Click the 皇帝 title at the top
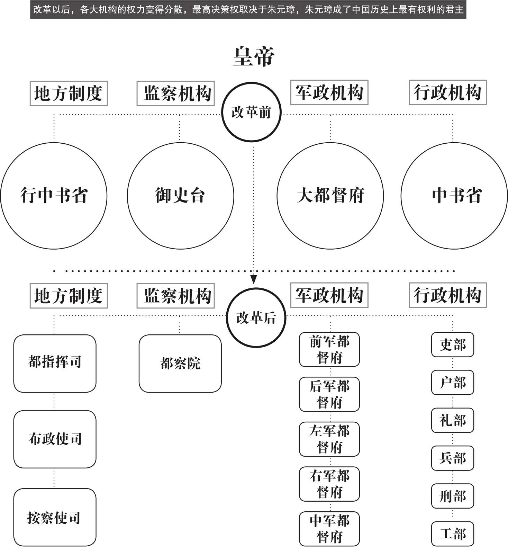tap(254, 57)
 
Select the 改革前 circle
tap(251, 112)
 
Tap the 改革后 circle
tap(256, 317)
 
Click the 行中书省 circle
tap(54, 196)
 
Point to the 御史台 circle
tap(180, 196)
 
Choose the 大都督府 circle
tap(330, 196)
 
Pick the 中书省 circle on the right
tap(454, 196)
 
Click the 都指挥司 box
tap(55, 363)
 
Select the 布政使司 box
tap(55, 439)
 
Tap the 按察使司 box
tap(55, 517)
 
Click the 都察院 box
tap(180, 363)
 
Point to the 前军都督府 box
tap(329, 349)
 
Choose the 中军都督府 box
tap(329, 529)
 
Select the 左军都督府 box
tap(329, 439)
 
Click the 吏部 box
tap(452, 344)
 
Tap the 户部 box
tap(452, 383)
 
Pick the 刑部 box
tap(452, 496)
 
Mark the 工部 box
tap(452, 534)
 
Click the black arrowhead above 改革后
tap(254, 279)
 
